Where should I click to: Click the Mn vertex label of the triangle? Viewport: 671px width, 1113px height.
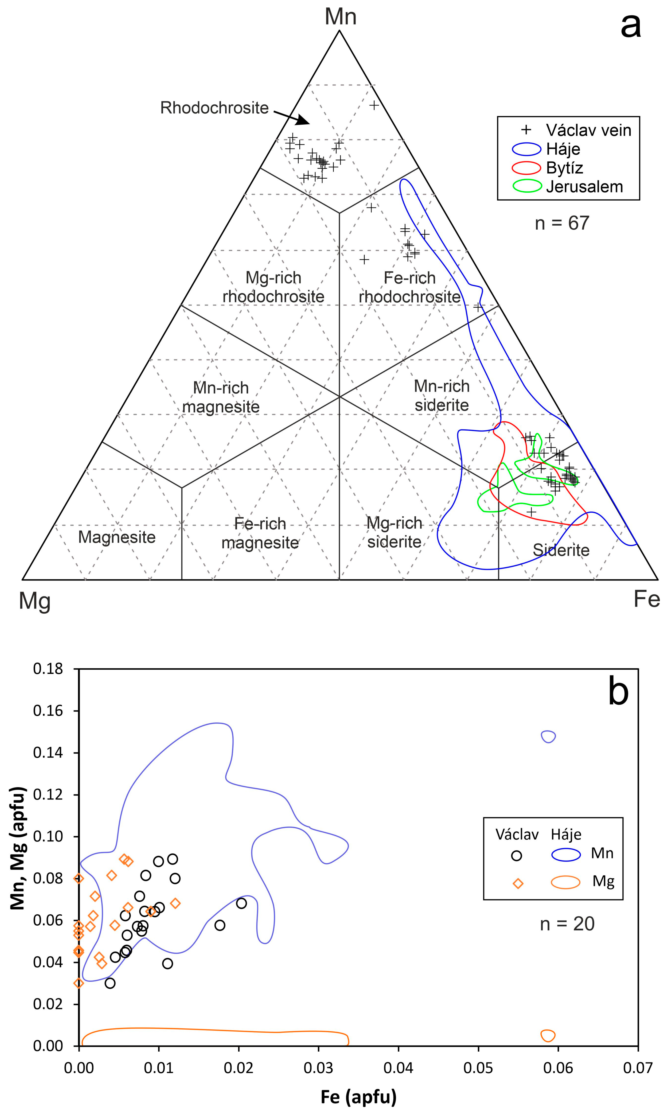pos(340,17)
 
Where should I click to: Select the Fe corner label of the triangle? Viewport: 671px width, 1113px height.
pos(647,599)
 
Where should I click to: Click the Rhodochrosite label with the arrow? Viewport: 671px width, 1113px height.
pos(214,108)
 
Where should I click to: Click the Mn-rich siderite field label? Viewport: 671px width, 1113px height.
pos(442,396)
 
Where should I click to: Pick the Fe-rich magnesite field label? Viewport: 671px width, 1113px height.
pos(260,533)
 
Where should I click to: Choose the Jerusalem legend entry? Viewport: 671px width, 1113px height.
pos(584,186)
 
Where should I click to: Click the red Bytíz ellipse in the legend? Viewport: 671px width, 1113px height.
pos(527,167)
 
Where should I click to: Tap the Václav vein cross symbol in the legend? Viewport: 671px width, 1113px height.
pos(526,130)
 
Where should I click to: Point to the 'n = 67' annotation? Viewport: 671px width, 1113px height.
pos(562,223)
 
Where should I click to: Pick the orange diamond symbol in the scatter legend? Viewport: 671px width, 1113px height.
pos(518,883)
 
